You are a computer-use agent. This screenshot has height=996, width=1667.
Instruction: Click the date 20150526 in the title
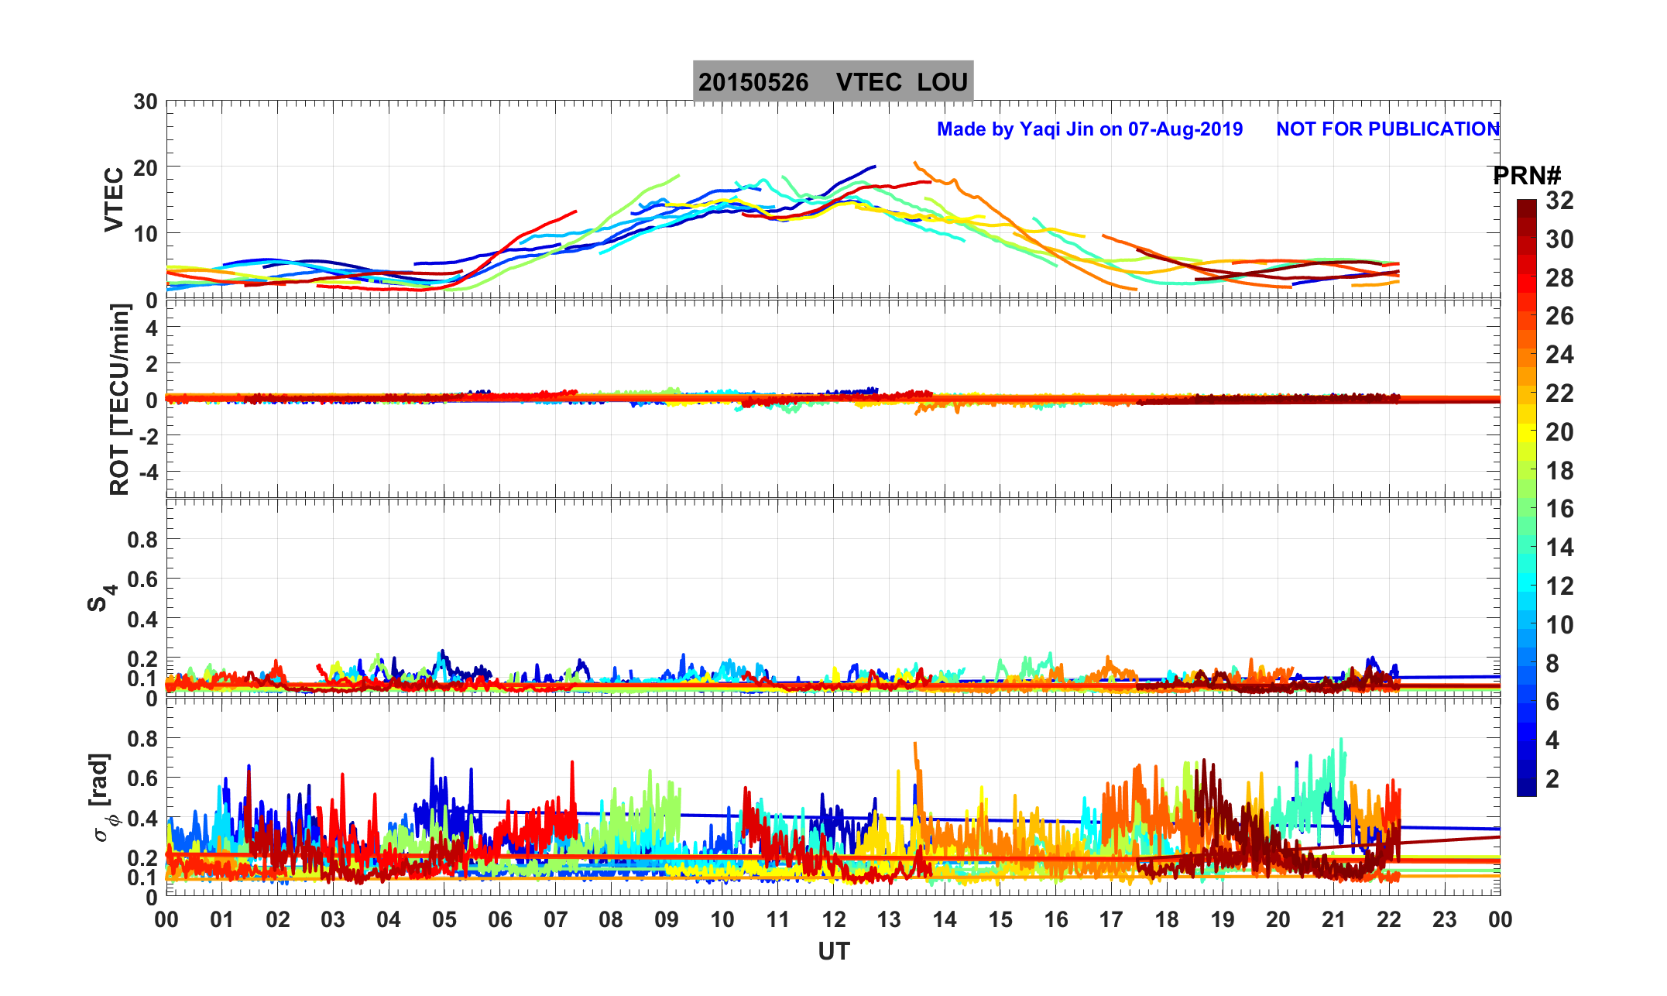point(753,82)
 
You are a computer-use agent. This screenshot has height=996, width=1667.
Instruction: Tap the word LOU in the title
point(942,82)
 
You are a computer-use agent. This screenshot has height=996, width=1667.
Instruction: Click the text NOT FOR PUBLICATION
point(1387,129)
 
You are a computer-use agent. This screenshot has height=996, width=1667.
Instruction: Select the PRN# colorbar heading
point(1527,176)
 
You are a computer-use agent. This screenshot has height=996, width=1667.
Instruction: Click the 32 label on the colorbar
point(1559,201)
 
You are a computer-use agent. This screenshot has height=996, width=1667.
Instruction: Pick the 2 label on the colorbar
point(1552,778)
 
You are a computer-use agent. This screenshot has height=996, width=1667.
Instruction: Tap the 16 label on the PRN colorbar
point(1559,509)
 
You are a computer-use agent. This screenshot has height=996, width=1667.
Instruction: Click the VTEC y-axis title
point(114,199)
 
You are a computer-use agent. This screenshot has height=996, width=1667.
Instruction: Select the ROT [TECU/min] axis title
point(119,399)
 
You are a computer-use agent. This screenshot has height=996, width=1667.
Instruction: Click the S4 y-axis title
point(101,598)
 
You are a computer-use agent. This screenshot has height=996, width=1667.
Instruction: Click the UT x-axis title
point(834,951)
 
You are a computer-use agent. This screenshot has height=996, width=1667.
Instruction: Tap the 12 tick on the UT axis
point(834,919)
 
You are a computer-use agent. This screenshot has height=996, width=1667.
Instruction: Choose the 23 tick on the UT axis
point(1445,919)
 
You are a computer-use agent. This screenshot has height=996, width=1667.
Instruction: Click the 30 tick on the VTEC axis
point(145,101)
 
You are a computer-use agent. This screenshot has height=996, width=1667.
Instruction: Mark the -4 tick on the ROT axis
point(147,471)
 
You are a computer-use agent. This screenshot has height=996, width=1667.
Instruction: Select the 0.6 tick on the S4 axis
point(142,579)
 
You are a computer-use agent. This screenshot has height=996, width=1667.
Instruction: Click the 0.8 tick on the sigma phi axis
point(142,738)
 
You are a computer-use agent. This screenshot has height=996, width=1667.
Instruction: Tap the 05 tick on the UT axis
point(444,919)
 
